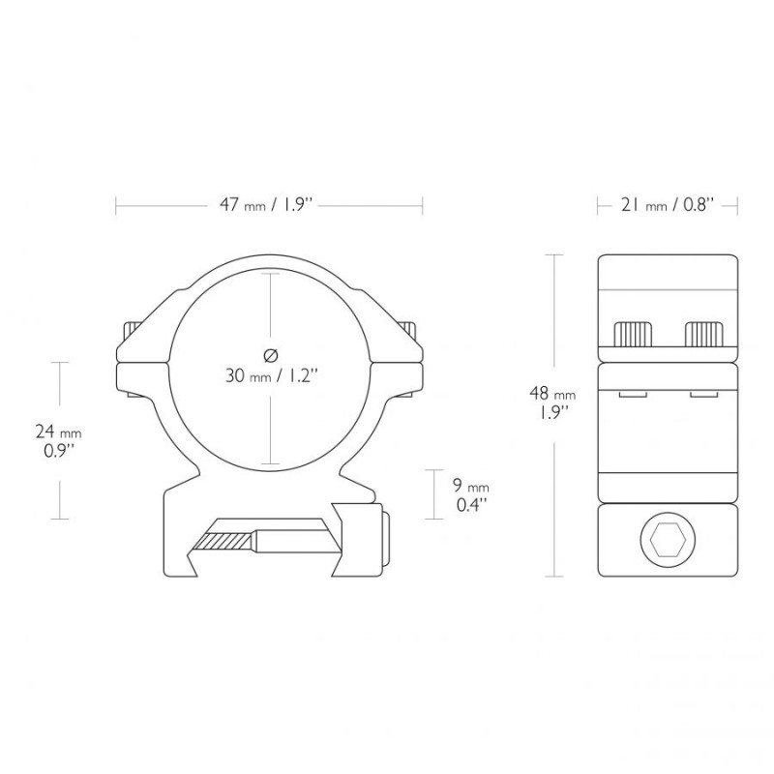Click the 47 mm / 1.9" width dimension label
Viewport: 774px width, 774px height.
267,204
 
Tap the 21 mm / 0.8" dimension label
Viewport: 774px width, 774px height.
668,204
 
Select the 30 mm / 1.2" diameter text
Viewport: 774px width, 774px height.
271,376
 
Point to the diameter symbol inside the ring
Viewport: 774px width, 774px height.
271,355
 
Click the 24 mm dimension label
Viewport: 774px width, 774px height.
58,432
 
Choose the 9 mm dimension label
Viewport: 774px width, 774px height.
471,487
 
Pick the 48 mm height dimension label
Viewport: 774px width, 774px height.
552,394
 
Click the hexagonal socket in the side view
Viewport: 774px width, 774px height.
668,540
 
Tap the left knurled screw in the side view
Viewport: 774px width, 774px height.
633,334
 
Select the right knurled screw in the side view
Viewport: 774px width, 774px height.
704,334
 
